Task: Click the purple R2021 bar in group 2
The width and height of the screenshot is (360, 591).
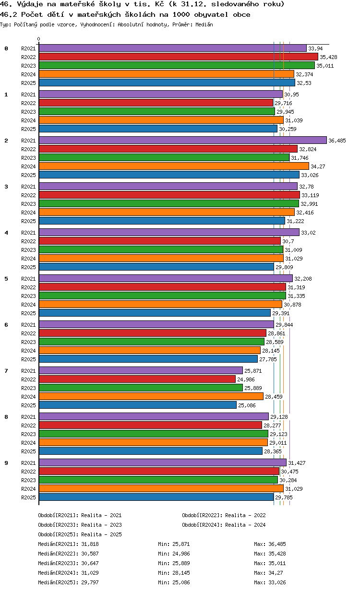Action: pyautogui.click(x=182, y=140)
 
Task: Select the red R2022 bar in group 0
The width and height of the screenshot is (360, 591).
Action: pyautogui.click(x=179, y=57)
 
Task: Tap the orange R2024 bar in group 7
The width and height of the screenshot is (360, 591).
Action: pyautogui.click(x=151, y=396)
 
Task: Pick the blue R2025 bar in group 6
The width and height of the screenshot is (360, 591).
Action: pyautogui.click(x=148, y=359)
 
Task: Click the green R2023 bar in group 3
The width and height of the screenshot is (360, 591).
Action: pyautogui.click(x=169, y=203)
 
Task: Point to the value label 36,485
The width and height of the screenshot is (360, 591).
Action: pyautogui.click(x=337, y=141)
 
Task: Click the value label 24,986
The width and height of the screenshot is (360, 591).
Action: pyautogui.click(x=246, y=379)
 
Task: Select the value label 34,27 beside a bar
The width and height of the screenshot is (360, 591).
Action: pyautogui.click(x=318, y=166)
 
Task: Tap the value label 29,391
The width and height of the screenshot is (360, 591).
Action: pyautogui.click(x=281, y=313)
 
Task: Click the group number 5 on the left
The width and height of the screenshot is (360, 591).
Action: pyautogui.click(x=6, y=279)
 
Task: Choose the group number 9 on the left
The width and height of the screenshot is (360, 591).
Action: pyautogui.click(x=6, y=463)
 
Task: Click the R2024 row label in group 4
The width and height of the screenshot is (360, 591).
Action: pyautogui.click(x=28, y=259)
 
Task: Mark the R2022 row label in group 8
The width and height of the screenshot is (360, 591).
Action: pyautogui.click(x=28, y=426)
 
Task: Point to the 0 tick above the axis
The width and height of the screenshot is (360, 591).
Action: pyautogui.click(x=38, y=39)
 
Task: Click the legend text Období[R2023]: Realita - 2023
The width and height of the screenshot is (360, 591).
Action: pyautogui.click(x=80, y=525)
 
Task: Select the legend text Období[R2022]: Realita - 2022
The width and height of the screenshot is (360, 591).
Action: pyautogui.click(x=224, y=515)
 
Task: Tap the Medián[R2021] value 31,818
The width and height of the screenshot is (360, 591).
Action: pyautogui.click(x=90, y=544)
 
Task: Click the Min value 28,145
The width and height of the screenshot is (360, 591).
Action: pyautogui.click(x=181, y=573)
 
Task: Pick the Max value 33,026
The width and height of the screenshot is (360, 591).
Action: pyautogui.click(x=277, y=582)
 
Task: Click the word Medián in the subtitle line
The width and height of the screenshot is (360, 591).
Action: pyautogui.click(x=204, y=24)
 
